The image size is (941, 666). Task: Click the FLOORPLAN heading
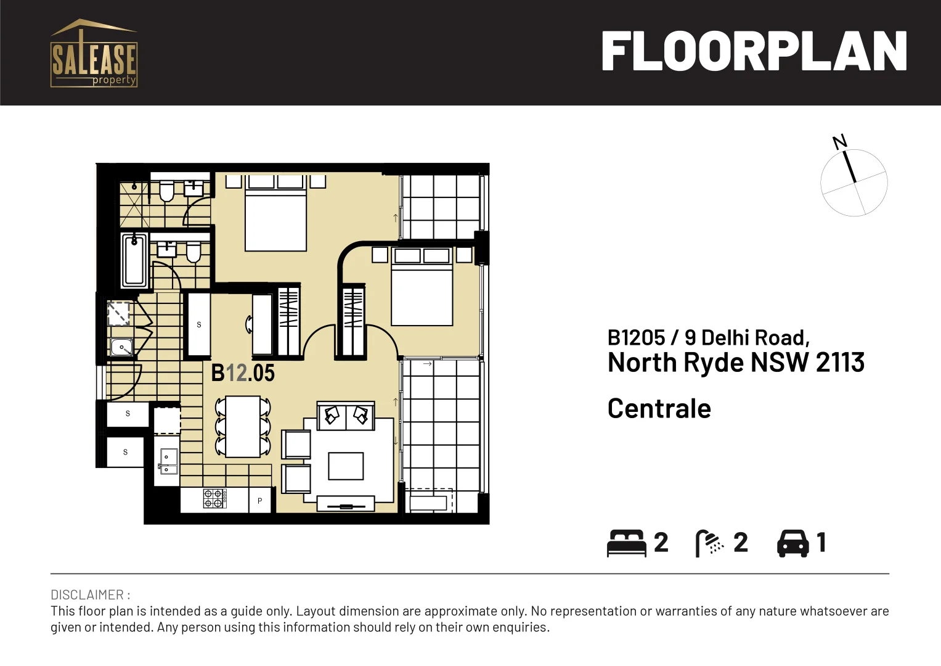pos(753,52)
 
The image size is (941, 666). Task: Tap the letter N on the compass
pos(839,142)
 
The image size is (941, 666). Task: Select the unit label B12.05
pos(243,373)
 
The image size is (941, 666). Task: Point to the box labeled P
pos(260,501)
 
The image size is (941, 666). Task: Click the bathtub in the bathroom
pos(134,260)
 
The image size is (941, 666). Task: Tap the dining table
pos(243,426)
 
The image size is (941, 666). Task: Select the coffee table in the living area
pos(346,466)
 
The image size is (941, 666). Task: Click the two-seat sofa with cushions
pos(346,416)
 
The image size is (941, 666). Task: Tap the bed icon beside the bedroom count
pos(626,543)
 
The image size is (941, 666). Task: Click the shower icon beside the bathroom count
pos(709,543)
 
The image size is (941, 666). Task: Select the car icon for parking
pos(792,543)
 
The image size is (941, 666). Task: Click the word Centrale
pos(659,409)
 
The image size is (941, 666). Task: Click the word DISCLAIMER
pos(88,595)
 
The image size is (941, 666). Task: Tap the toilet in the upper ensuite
pos(166,191)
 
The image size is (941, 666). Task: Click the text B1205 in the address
pos(636,338)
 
